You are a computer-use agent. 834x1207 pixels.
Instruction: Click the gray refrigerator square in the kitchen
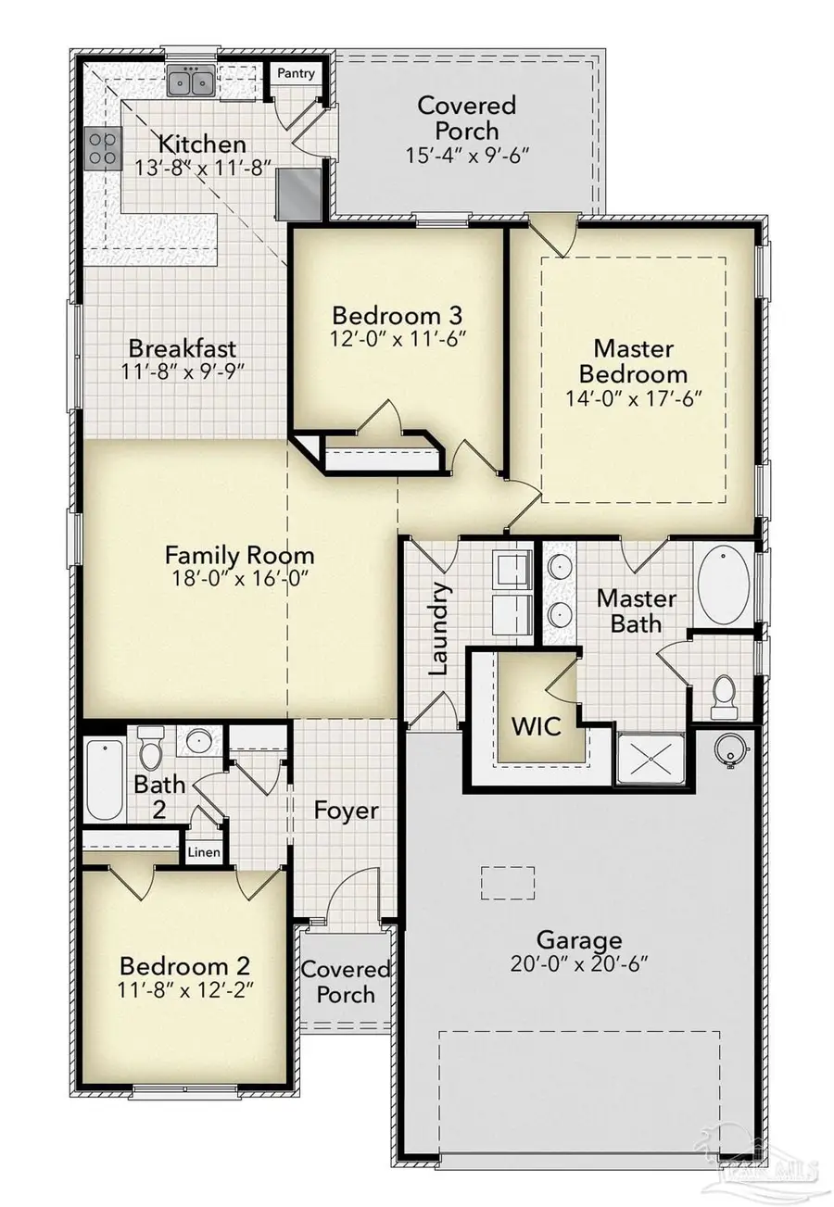click(302, 192)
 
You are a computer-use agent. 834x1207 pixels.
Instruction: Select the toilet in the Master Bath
click(723, 696)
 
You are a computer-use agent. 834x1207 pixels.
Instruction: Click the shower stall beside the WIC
click(651, 759)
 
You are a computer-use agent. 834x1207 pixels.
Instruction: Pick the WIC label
click(538, 725)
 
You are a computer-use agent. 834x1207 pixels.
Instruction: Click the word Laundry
click(440, 628)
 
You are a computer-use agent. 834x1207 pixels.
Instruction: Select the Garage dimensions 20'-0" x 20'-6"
click(579, 963)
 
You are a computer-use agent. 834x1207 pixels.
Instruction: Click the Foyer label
click(346, 811)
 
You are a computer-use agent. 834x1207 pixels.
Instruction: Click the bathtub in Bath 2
click(104, 778)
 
